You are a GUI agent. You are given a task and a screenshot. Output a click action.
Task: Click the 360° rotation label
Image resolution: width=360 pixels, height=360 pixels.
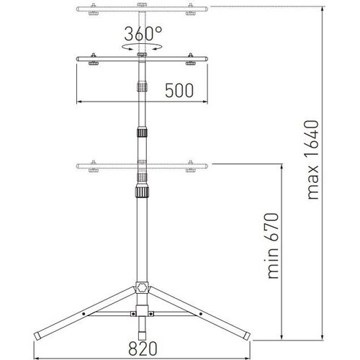(143, 34)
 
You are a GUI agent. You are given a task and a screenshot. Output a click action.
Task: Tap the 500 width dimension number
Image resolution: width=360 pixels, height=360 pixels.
(179, 91)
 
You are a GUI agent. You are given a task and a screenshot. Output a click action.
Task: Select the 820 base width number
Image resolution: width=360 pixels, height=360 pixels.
(143, 348)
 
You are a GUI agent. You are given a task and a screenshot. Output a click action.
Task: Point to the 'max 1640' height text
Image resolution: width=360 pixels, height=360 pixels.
(312, 160)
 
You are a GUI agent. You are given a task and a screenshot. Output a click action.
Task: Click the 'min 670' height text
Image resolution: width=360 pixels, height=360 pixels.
(273, 246)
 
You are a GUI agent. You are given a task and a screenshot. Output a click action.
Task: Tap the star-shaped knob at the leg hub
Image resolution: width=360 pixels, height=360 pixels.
(142, 288)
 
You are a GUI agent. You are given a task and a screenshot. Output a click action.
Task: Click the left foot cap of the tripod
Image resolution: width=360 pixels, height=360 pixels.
(37, 336)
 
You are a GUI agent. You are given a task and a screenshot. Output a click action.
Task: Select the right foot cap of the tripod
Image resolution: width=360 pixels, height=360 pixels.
(247, 336)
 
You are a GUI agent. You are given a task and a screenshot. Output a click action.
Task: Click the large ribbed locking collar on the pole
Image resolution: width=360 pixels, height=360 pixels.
(142, 191)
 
